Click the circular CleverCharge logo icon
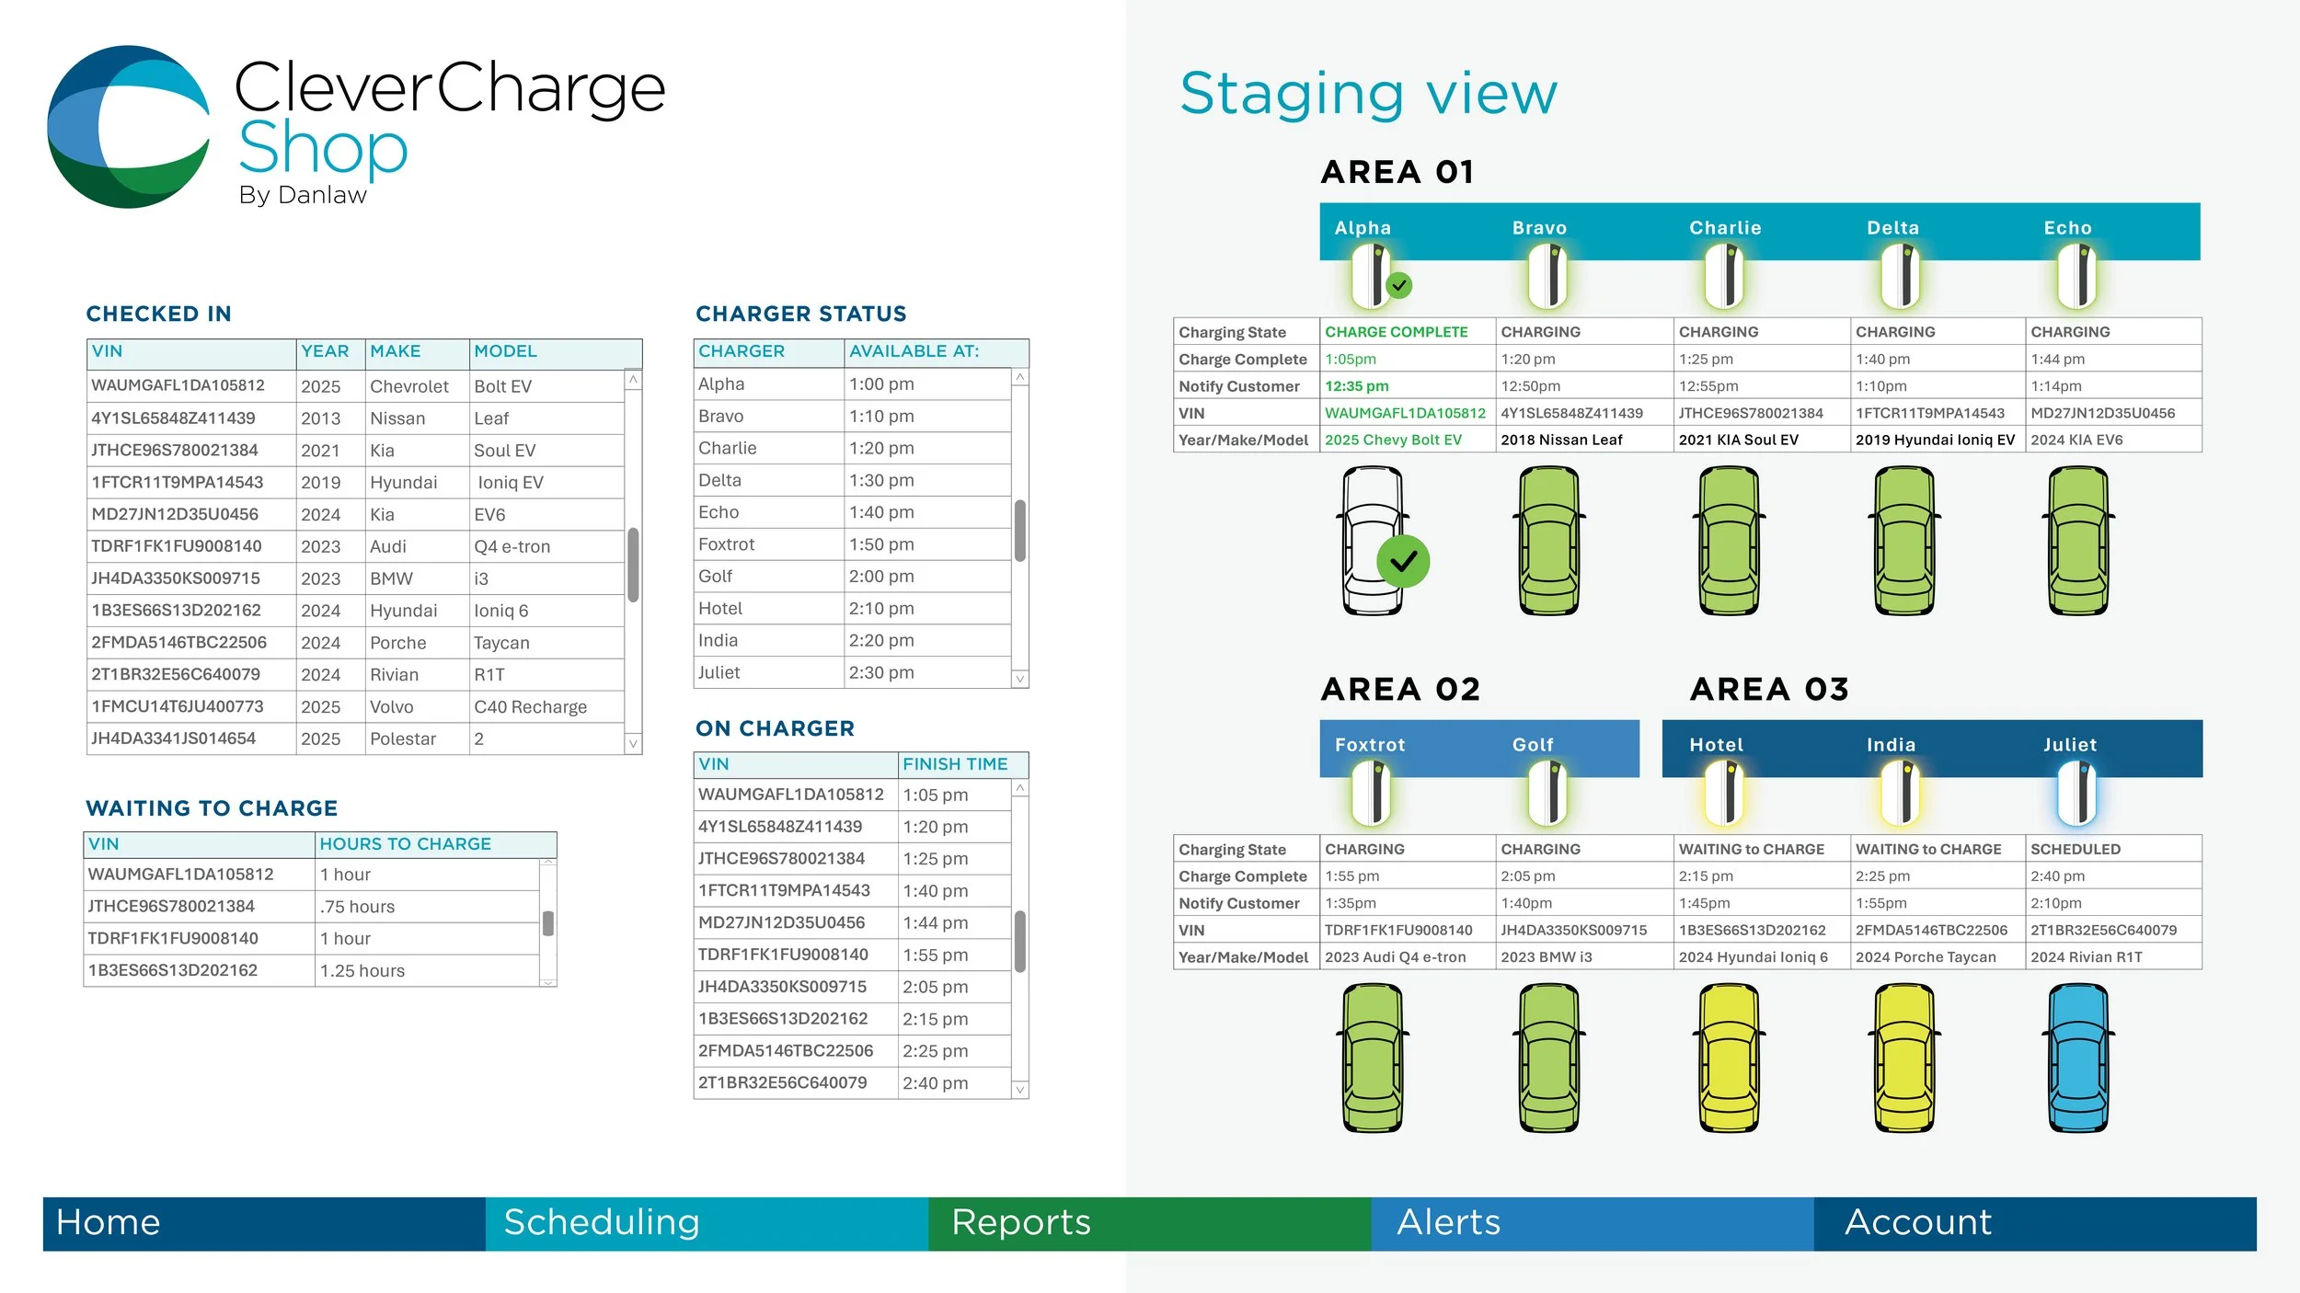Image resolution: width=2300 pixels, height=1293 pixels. (x=128, y=127)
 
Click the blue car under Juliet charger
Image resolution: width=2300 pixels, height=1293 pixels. (x=2078, y=1058)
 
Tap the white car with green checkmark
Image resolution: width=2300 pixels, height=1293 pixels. (x=1374, y=541)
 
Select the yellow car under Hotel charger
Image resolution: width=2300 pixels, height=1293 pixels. (x=1728, y=1058)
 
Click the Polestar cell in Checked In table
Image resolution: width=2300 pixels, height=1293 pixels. (x=403, y=738)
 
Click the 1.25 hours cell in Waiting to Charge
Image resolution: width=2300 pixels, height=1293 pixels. (x=362, y=971)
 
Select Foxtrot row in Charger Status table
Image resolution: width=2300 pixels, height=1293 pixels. (x=727, y=544)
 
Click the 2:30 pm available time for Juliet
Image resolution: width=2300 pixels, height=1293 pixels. (x=881, y=672)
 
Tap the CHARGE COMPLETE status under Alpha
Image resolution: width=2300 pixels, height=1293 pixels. (x=1396, y=332)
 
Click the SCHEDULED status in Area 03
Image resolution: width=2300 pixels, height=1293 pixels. (x=2075, y=849)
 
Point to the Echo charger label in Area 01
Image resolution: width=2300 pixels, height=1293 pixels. (x=2067, y=228)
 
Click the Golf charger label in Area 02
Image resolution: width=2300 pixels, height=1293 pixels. (x=1532, y=745)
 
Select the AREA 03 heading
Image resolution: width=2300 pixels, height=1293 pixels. (x=1768, y=689)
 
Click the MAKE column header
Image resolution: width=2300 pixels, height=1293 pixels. (x=396, y=351)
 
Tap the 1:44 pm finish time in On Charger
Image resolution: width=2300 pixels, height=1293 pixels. (x=935, y=922)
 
